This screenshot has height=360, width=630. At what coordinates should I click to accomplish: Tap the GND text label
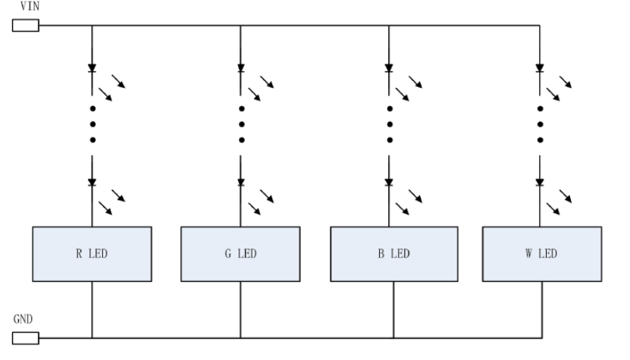point(23,320)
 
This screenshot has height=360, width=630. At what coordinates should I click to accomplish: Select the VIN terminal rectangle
point(26,27)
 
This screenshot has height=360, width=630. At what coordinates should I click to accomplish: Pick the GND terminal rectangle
point(26,338)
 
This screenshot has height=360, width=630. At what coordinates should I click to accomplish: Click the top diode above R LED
point(92,68)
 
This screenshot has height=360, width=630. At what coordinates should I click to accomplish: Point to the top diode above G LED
point(240,68)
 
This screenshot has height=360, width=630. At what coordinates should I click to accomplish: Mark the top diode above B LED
point(390,68)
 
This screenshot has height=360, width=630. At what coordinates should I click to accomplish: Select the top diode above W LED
point(541,68)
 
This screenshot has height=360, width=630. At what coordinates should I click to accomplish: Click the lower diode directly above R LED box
point(92,183)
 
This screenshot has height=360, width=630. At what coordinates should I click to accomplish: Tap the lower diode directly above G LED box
point(240,183)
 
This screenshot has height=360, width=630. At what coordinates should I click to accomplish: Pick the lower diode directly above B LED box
point(390,183)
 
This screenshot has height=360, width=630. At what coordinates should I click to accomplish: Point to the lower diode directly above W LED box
point(541,183)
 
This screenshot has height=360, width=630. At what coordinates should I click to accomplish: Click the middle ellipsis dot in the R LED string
point(92,124)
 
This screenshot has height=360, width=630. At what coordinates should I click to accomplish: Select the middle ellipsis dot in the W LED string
point(541,124)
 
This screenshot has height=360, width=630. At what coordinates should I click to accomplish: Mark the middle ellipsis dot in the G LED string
point(240,124)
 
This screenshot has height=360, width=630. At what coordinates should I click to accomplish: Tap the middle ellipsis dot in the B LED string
point(390,124)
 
